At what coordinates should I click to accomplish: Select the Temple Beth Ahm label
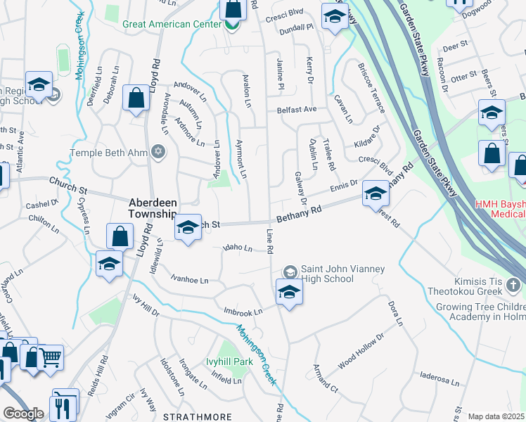point(108,153)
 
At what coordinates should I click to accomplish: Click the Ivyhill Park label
point(229,362)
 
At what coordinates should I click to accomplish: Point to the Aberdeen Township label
point(152,207)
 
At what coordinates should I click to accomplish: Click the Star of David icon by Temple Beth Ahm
point(158,152)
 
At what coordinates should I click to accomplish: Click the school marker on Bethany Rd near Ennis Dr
point(376,193)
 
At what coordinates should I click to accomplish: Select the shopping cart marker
point(50,358)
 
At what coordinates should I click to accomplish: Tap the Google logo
point(23,414)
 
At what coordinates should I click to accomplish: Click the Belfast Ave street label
point(296,110)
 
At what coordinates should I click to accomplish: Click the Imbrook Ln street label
point(243,311)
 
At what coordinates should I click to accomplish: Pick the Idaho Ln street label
point(237,248)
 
